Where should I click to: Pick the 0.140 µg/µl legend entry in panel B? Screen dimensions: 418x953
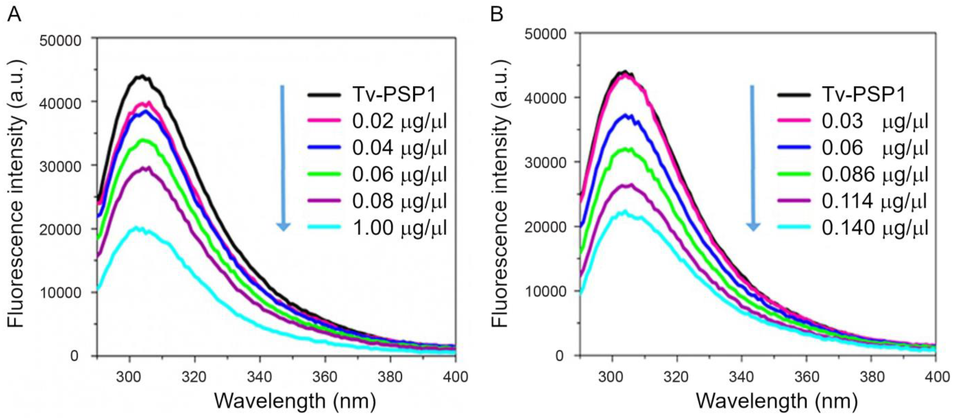(875, 227)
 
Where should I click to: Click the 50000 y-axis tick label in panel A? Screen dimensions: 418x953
(60, 41)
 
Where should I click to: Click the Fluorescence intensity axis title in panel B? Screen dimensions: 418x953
(500, 192)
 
